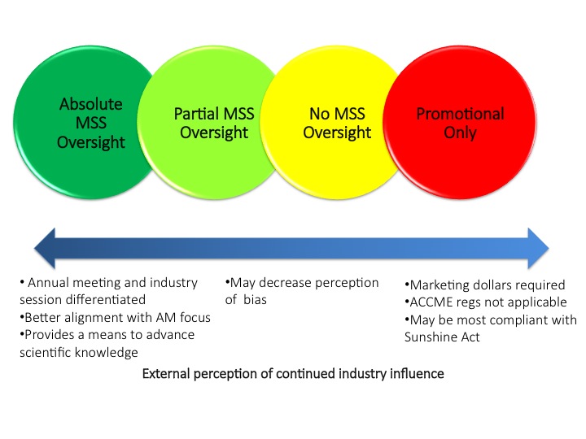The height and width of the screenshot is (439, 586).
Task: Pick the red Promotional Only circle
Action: (460, 123)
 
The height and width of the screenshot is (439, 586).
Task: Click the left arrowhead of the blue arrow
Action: (45, 248)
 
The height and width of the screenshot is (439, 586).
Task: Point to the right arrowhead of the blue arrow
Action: (538, 248)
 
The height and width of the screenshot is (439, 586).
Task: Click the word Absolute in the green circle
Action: (91, 104)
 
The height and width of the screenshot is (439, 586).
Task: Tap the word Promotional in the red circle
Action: (460, 114)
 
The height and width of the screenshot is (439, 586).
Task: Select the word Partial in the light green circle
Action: (196, 114)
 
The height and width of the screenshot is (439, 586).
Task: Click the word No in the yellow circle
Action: (319, 114)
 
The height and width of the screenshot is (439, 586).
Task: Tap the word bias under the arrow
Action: (255, 300)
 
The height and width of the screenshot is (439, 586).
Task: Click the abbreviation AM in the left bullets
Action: (165, 318)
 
